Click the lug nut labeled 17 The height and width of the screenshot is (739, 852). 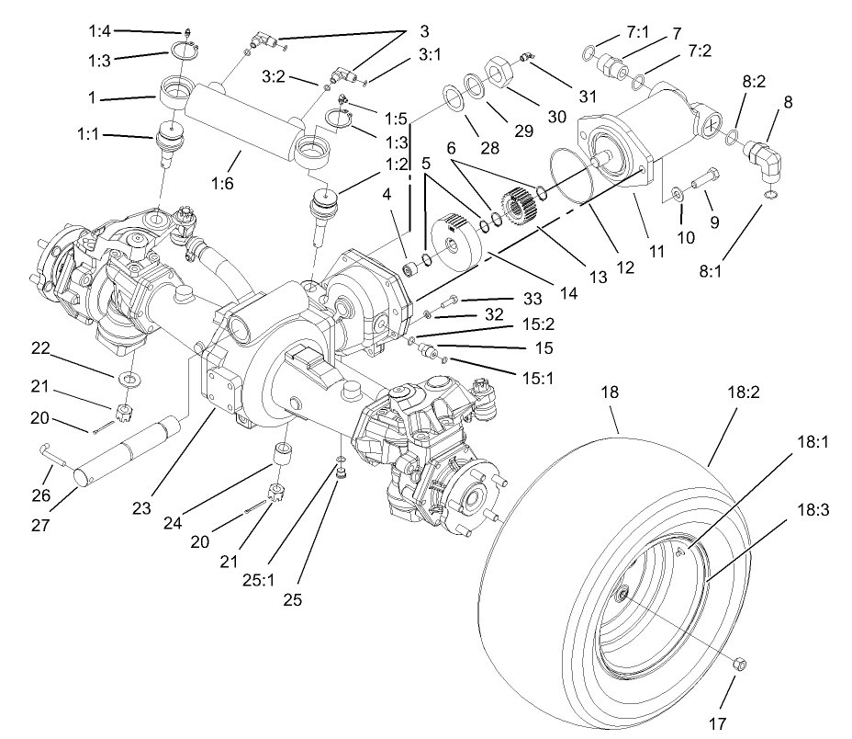(741, 664)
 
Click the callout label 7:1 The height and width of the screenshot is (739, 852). (637, 31)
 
